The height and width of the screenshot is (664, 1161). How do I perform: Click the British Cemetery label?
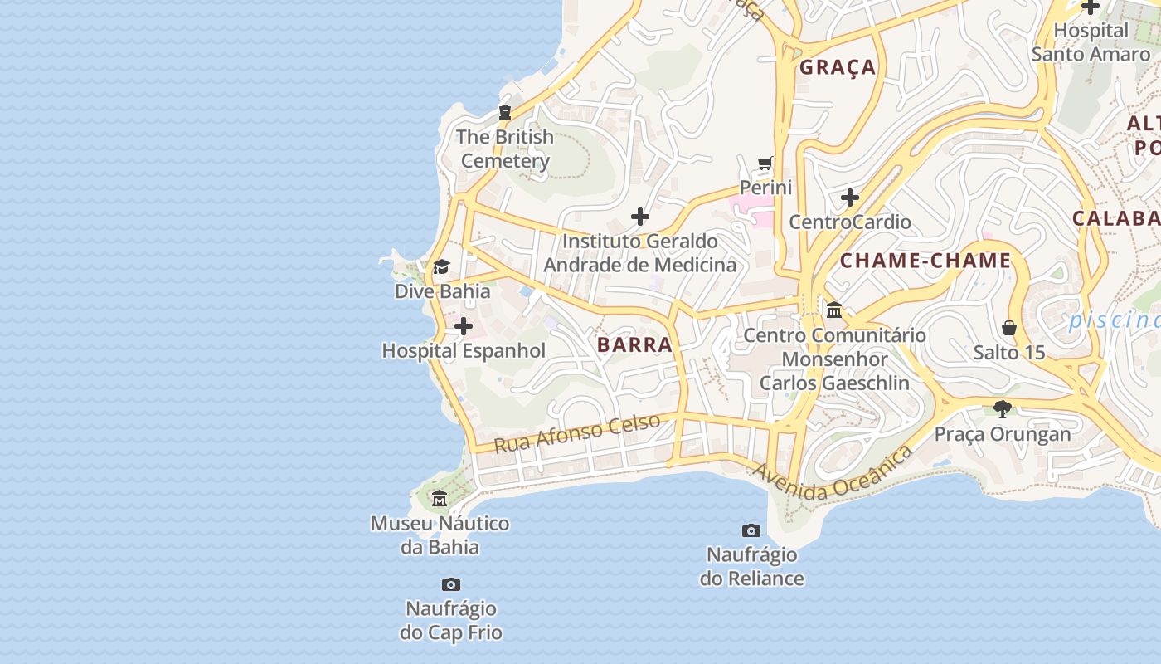[x=505, y=149]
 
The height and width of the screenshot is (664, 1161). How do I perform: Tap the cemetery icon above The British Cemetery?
[x=504, y=112]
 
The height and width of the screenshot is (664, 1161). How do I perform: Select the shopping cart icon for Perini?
[x=765, y=163]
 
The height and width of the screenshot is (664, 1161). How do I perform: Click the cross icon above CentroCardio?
[x=850, y=198]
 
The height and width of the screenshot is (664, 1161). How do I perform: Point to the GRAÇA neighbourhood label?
[x=838, y=67]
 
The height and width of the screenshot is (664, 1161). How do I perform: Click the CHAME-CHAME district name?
[x=925, y=261]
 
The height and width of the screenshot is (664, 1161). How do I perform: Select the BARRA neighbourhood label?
[x=634, y=344]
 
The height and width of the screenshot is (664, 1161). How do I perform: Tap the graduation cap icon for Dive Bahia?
[x=441, y=267]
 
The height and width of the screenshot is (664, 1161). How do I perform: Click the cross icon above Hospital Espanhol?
[x=464, y=326]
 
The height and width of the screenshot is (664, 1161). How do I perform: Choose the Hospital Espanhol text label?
[x=464, y=350]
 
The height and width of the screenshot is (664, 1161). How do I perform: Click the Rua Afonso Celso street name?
[x=577, y=433]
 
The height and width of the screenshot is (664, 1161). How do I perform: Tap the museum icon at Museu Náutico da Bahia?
[x=440, y=498]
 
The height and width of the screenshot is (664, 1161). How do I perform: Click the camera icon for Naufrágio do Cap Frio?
[x=451, y=584]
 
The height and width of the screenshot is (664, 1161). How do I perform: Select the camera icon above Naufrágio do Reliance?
[x=751, y=530]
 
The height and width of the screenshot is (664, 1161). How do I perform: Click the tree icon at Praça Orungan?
[x=1003, y=408]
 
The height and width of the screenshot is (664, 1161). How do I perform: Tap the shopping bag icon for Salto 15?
[x=1009, y=328]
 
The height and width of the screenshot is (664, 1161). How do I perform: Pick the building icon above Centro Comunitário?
[x=834, y=310]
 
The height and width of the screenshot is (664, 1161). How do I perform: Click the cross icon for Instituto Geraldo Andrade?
[x=639, y=217]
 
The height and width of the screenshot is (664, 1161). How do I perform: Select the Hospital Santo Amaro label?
[x=1091, y=42]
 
